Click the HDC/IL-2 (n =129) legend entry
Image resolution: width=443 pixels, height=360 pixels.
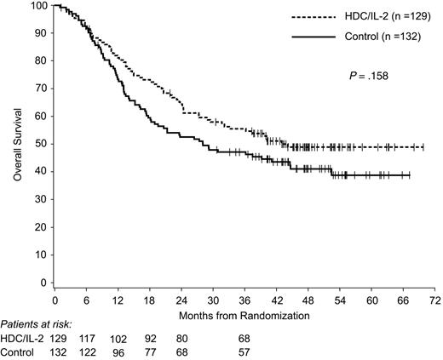(x=371, y=16)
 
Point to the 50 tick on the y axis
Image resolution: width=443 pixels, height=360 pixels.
(x=40, y=144)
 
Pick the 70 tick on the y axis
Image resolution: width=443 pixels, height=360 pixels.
(x=40, y=89)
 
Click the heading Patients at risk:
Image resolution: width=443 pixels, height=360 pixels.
(x=37, y=325)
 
